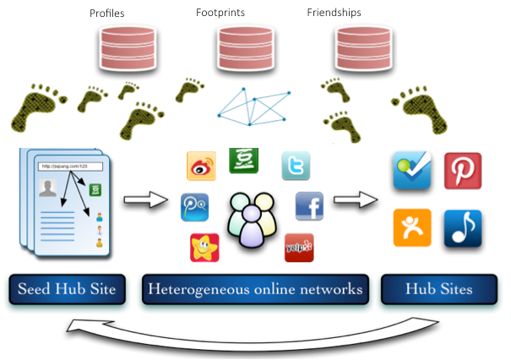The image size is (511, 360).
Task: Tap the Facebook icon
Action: pos(309,206)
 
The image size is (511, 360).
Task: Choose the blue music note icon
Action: pos(462,228)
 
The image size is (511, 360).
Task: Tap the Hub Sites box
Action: pos(438,289)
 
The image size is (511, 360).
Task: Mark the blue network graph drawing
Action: pos(253,106)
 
